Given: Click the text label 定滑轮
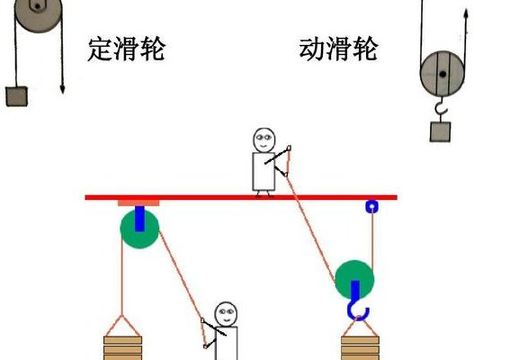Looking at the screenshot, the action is point(126,49).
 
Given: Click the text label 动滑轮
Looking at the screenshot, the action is point(338,49).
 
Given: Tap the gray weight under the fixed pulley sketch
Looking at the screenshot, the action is point(16,96).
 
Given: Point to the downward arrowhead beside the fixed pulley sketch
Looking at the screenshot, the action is point(62,89).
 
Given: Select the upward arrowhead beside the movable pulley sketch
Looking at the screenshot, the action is point(466,13).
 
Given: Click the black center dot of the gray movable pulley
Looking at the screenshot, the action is point(443,74).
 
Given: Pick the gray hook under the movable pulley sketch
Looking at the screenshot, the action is point(442,106).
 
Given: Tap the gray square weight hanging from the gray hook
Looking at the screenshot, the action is point(440,131).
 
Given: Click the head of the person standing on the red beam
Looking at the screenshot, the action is point(264,140).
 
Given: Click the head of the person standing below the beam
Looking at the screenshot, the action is point(226,315).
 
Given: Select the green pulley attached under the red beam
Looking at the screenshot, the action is point(139,229).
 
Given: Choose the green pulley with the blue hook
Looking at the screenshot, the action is point(354,280).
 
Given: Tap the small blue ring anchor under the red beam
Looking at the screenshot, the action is point(372,206).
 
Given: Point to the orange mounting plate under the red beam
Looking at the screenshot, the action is point(139,203).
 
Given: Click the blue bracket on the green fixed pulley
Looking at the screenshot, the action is point(139,219).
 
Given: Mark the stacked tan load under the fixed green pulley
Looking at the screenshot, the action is point(123,348).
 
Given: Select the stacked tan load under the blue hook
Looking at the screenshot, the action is point(361,348).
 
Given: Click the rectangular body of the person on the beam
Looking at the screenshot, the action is point(264,172).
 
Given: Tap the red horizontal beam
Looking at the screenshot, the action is point(241,198).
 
